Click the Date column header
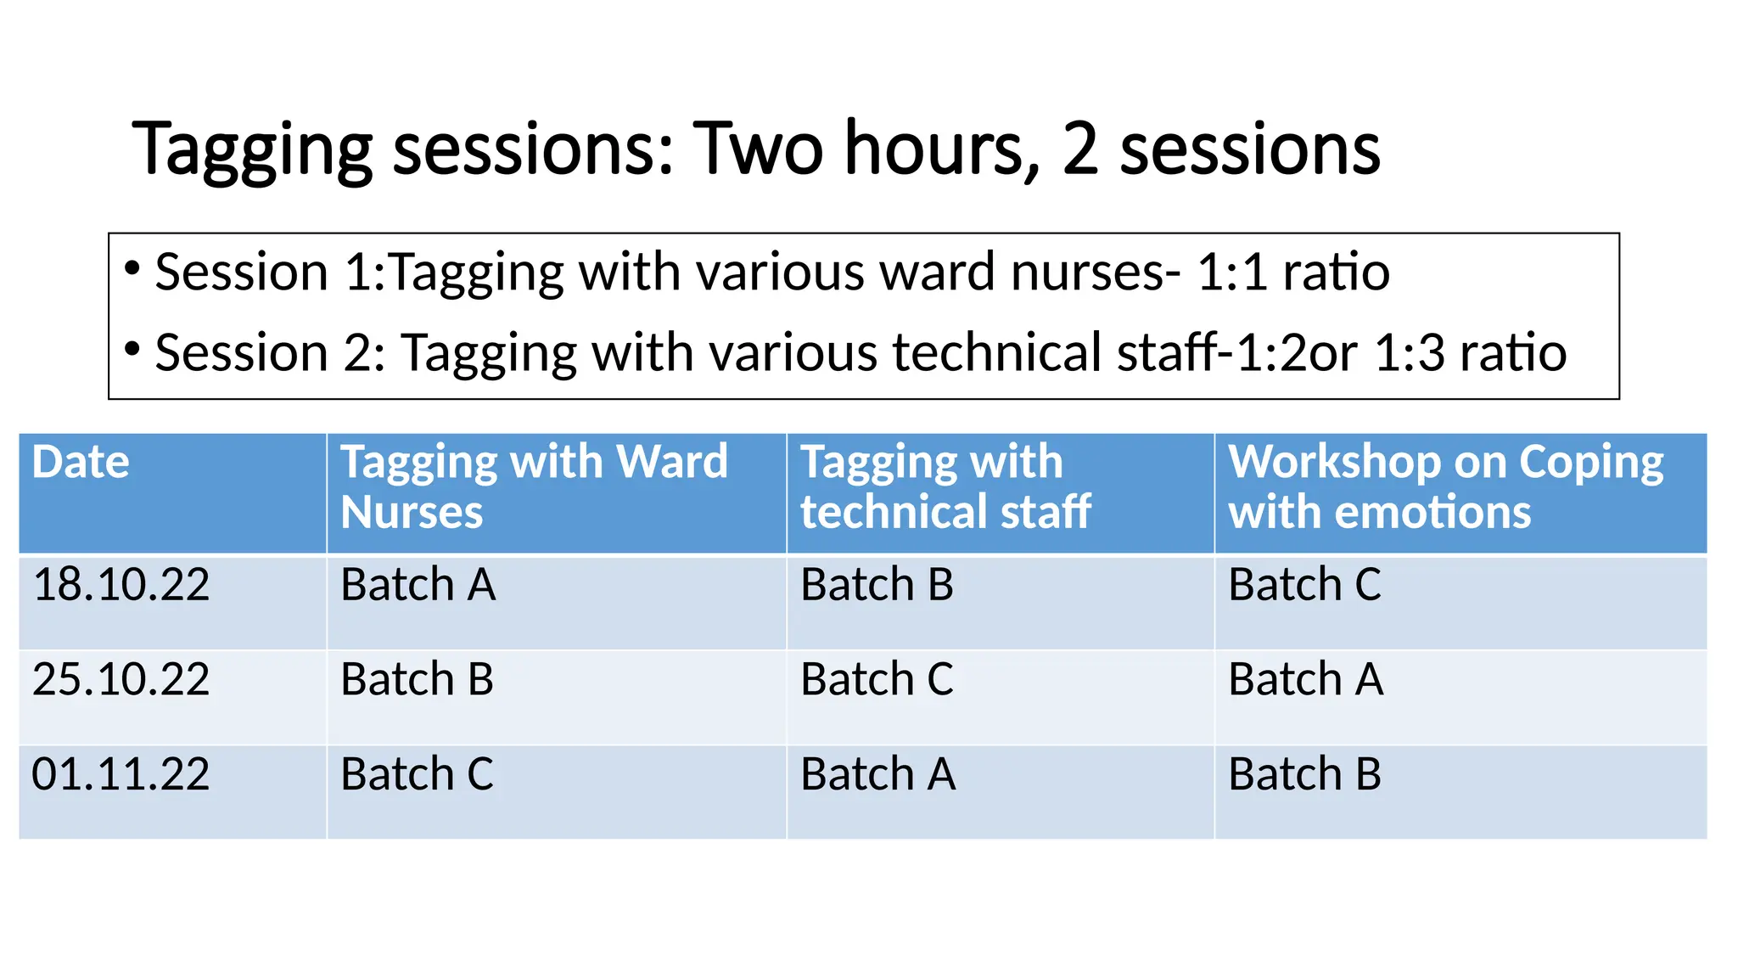[x=81, y=463]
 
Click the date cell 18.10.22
[x=121, y=586]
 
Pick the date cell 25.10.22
[x=121, y=680]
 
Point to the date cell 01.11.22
[x=121, y=775]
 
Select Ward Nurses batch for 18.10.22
[x=418, y=586]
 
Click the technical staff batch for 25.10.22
[x=877, y=680]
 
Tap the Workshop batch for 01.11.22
[x=1304, y=775]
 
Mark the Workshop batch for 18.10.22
[x=1304, y=586]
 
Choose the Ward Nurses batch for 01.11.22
[x=417, y=775]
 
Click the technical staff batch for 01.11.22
[x=877, y=775]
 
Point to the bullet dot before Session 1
[x=132, y=269]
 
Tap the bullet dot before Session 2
[x=132, y=349]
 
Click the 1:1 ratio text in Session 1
[x=1293, y=273]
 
